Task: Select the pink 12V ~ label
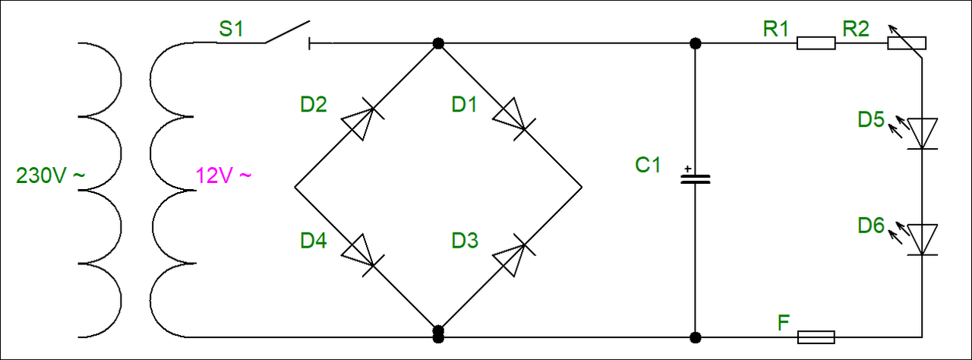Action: [x=223, y=176]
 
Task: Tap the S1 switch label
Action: [x=232, y=30]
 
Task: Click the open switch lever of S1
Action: [x=287, y=32]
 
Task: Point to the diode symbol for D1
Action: [x=510, y=117]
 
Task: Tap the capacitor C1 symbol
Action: [x=694, y=180]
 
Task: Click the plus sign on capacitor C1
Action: [x=687, y=169]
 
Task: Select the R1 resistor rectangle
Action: [x=816, y=44]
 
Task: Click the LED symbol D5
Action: [x=922, y=133]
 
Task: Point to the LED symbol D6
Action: [x=922, y=239]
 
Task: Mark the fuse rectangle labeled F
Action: [x=816, y=336]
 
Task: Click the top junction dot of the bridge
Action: [x=437, y=44]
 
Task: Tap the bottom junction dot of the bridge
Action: [x=437, y=333]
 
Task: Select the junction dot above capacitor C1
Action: [x=694, y=44]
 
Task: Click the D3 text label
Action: [x=465, y=241]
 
